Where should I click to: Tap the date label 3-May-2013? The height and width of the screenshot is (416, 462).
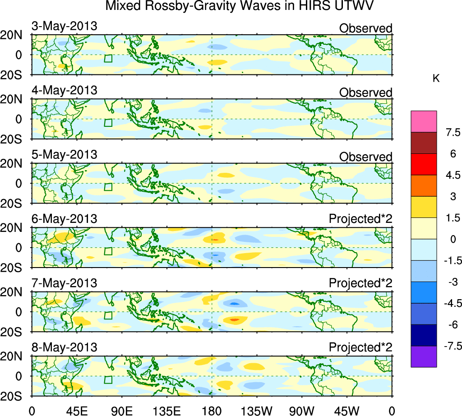pos(64,26)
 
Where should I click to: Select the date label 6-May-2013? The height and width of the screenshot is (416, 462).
pos(64,219)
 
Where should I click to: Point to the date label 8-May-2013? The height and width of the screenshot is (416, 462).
pos(64,347)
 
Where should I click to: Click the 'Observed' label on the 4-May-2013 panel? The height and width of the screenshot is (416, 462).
pos(365,92)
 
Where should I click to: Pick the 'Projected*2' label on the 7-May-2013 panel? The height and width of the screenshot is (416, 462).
pos(360,283)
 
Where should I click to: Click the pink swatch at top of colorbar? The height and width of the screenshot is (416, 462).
pos(424,121)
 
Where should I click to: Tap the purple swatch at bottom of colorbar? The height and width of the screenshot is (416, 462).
pos(424,356)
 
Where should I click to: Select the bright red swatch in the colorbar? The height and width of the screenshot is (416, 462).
pos(424,164)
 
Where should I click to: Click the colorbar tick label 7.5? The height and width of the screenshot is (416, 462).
pos(451,133)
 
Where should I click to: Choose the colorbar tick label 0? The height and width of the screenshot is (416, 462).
pos(451,239)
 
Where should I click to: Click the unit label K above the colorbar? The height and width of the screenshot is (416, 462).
pos(436,79)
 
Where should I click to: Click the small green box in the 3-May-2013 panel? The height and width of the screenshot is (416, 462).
pos(108,58)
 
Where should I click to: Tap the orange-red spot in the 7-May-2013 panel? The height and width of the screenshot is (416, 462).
pos(234,319)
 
